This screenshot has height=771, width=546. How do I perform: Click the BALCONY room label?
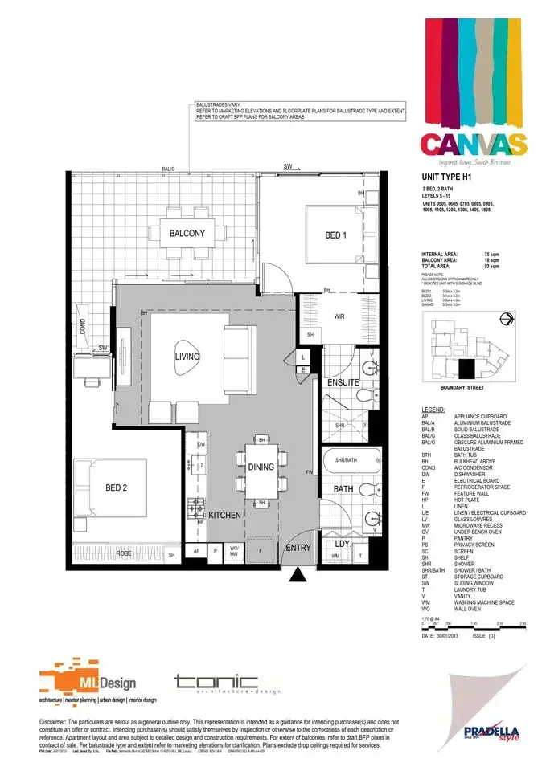pyautogui.click(x=187, y=234)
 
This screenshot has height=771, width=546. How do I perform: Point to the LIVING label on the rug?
pyautogui.click(x=187, y=357)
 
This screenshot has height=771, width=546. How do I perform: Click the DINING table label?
pyautogui.click(x=261, y=467)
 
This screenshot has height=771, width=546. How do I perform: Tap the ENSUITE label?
pyautogui.click(x=343, y=382)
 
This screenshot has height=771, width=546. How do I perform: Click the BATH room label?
pyautogui.click(x=343, y=488)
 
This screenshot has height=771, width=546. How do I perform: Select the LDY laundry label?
pyautogui.click(x=343, y=544)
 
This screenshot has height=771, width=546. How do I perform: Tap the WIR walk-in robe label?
pyautogui.click(x=339, y=316)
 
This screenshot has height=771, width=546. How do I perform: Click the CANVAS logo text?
pyautogui.click(x=473, y=145)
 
